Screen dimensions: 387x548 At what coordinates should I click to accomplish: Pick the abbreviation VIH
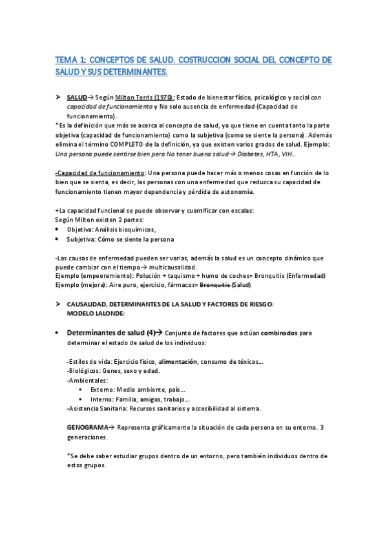[x=287, y=154]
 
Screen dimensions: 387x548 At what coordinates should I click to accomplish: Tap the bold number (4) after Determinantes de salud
[x=151, y=333]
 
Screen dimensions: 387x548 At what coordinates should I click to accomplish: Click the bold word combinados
[x=280, y=333]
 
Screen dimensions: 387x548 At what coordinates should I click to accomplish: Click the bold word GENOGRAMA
[x=87, y=428]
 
